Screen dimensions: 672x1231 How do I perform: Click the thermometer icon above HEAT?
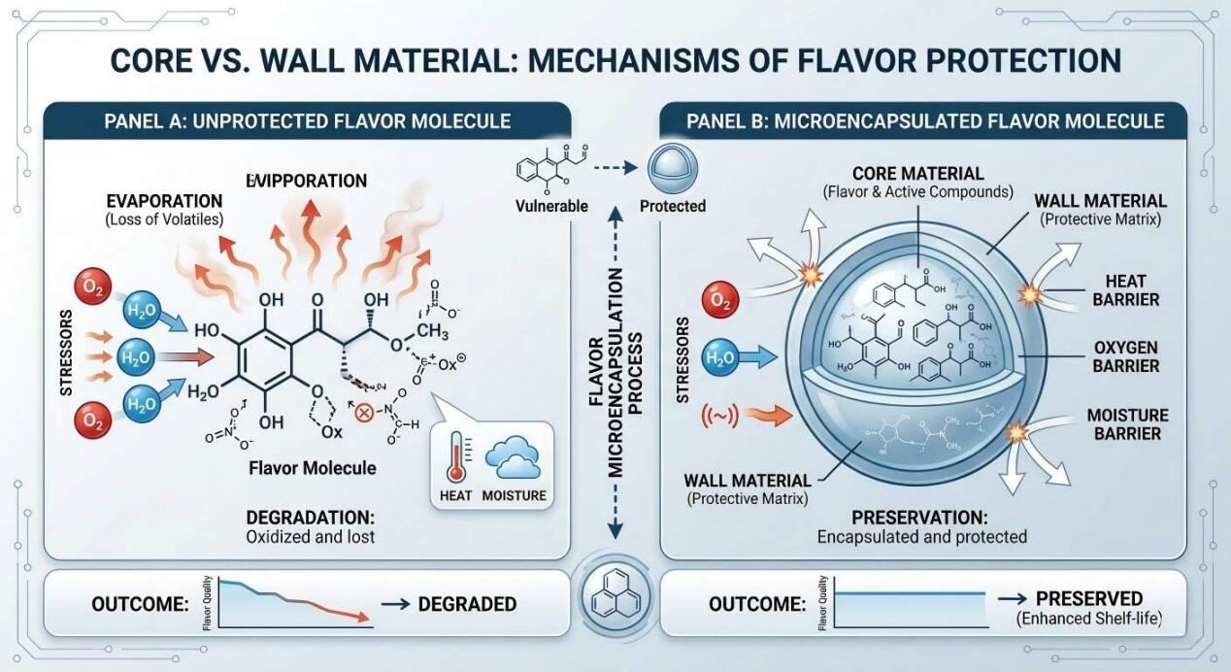(456, 459)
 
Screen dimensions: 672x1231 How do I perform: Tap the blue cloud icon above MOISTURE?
(513, 457)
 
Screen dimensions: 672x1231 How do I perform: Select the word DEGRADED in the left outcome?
(467, 604)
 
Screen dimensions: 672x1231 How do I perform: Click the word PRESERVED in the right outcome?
(1088, 598)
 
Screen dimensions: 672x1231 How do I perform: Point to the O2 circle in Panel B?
(719, 302)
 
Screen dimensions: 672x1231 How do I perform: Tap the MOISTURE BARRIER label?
(1126, 423)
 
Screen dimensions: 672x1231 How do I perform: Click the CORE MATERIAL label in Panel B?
(917, 173)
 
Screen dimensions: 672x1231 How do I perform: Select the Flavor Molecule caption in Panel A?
(312, 468)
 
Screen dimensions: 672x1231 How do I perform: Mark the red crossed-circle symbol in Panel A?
(366, 412)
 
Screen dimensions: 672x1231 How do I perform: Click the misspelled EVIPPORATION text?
(307, 181)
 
